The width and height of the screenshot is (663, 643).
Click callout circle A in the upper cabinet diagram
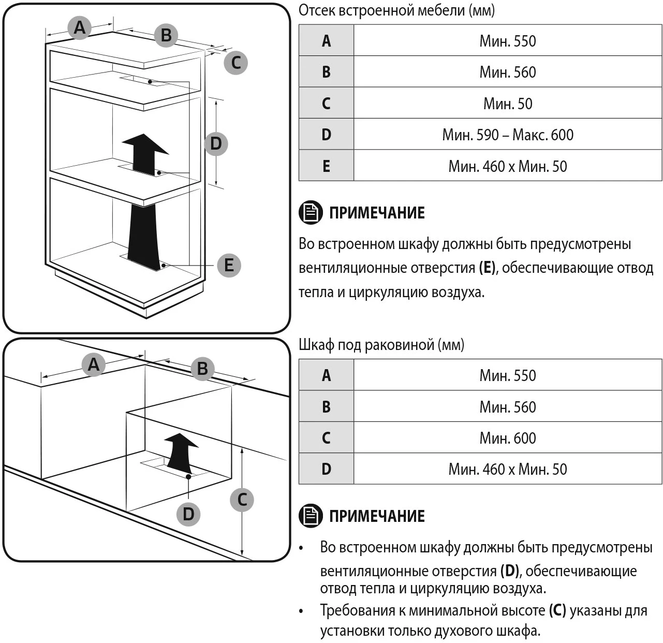click(x=79, y=27)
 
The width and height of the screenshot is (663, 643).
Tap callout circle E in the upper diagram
click(x=229, y=265)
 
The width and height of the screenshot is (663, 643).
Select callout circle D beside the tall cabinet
click(x=216, y=143)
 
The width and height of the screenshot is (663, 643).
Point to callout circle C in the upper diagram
click(x=236, y=63)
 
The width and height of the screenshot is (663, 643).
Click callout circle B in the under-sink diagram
click(x=202, y=369)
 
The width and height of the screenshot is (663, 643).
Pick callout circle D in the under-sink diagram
click(x=188, y=514)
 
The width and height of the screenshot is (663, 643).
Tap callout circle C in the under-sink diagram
click(x=242, y=500)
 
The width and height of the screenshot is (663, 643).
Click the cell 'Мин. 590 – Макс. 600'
click(x=507, y=135)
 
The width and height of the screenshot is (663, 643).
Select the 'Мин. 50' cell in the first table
click(x=507, y=104)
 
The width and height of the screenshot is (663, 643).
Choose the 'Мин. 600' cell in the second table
click(x=507, y=438)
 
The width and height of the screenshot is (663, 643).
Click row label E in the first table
click(x=326, y=166)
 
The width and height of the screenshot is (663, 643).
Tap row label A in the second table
click(x=326, y=375)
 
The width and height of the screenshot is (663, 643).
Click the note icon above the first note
click(x=311, y=213)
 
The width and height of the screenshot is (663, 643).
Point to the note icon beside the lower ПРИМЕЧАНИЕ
click(x=311, y=516)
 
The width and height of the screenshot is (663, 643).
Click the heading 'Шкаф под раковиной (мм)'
click(x=381, y=345)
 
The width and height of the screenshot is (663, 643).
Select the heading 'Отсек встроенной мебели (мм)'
click(x=396, y=10)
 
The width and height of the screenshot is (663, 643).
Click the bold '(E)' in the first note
click(x=487, y=268)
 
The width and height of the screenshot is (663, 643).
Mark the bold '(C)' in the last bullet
click(x=557, y=610)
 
